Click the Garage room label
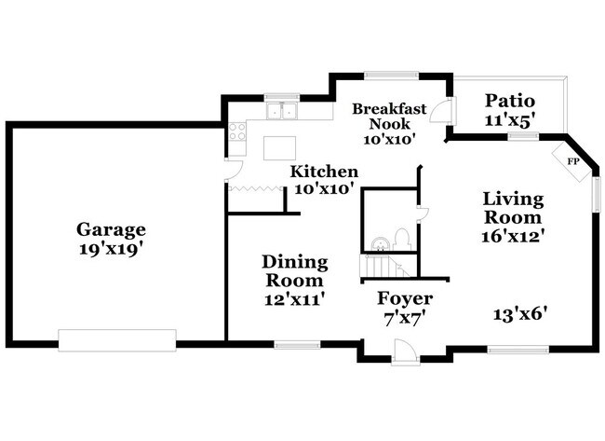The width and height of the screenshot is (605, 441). (x=111, y=229)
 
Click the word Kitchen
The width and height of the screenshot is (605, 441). (x=324, y=172)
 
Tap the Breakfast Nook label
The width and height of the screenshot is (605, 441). (x=389, y=116)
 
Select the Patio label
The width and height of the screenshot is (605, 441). (x=508, y=101)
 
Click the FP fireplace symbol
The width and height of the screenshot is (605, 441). (x=572, y=159)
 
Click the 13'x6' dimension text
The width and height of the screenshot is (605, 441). (x=519, y=314)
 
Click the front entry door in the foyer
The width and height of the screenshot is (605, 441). (x=405, y=353)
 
